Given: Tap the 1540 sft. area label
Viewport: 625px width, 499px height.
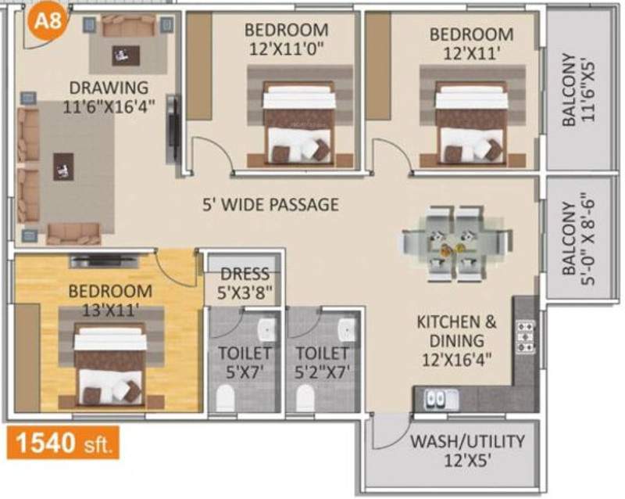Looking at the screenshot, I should [x=64, y=444].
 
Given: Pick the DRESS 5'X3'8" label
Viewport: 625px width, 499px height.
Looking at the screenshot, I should [x=245, y=282].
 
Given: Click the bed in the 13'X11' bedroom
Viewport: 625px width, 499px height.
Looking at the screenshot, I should [x=110, y=365].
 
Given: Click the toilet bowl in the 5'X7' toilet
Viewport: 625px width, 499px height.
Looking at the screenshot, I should [x=226, y=399].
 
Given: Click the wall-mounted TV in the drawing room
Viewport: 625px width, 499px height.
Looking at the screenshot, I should [x=171, y=128].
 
